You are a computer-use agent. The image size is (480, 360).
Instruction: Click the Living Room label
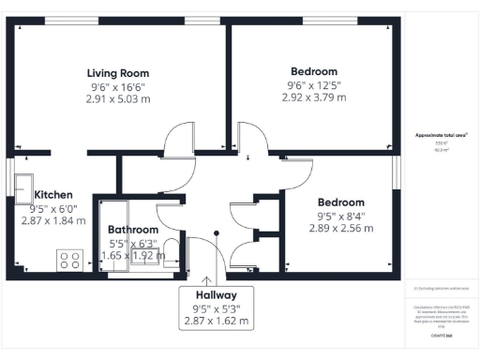[118, 73]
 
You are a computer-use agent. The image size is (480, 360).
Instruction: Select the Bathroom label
[132, 229]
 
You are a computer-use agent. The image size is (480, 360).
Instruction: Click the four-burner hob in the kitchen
[69, 260]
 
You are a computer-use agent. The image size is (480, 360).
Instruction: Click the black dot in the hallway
[217, 234]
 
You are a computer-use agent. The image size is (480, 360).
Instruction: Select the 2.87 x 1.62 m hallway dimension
[217, 320]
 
